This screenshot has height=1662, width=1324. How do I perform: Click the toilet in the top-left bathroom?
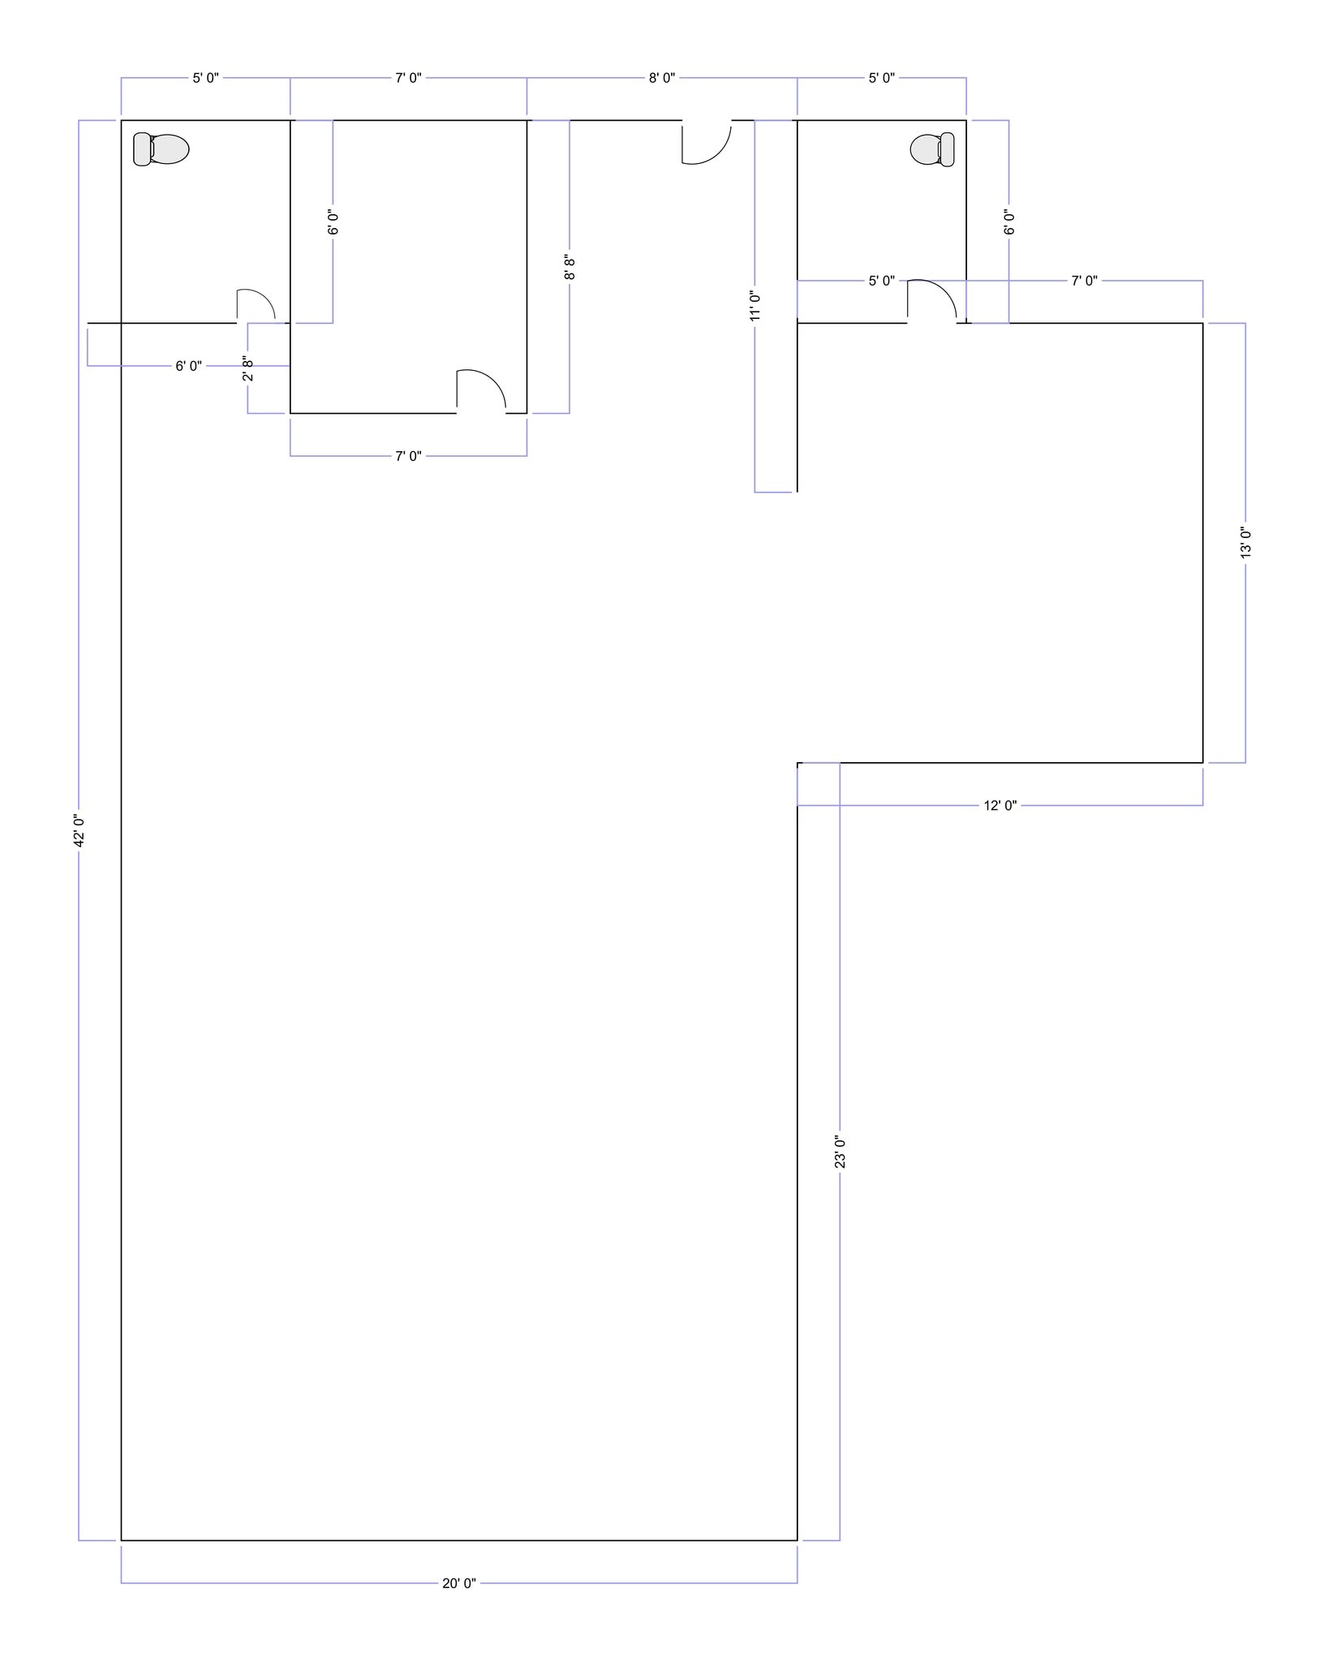coord(161,149)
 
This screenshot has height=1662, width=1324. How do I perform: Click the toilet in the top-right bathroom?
coord(932,149)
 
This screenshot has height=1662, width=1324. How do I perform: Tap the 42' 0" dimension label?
coord(80,830)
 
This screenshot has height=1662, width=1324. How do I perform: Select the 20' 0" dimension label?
coord(459,1582)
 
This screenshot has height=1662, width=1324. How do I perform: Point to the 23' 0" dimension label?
coord(840,1152)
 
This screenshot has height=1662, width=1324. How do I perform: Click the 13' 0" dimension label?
coord(1246,542)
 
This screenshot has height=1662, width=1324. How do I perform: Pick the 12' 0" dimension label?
coord(1000,805)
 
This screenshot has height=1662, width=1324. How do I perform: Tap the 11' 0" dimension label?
coord(755,306)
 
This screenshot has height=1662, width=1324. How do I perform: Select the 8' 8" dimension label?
coord(570,268)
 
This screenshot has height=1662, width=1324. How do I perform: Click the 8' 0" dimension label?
coord(662,78)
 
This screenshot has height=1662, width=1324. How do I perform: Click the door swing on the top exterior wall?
coord(707,142)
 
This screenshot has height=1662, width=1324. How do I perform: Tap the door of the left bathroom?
coord(256,306)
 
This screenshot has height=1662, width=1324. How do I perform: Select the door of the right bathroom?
coord(932,301)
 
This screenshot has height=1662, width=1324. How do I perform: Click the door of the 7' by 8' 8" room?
coord(481,391)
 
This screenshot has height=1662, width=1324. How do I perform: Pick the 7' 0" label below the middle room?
coord(409,456)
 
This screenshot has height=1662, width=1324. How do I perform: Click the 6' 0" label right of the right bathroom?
coord(1010,222)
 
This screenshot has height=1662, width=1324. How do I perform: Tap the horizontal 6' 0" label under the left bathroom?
coord(189,366)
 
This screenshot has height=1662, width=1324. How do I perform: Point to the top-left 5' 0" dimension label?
coord(206,78)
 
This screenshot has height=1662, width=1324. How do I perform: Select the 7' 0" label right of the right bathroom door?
coord(1085,281)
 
